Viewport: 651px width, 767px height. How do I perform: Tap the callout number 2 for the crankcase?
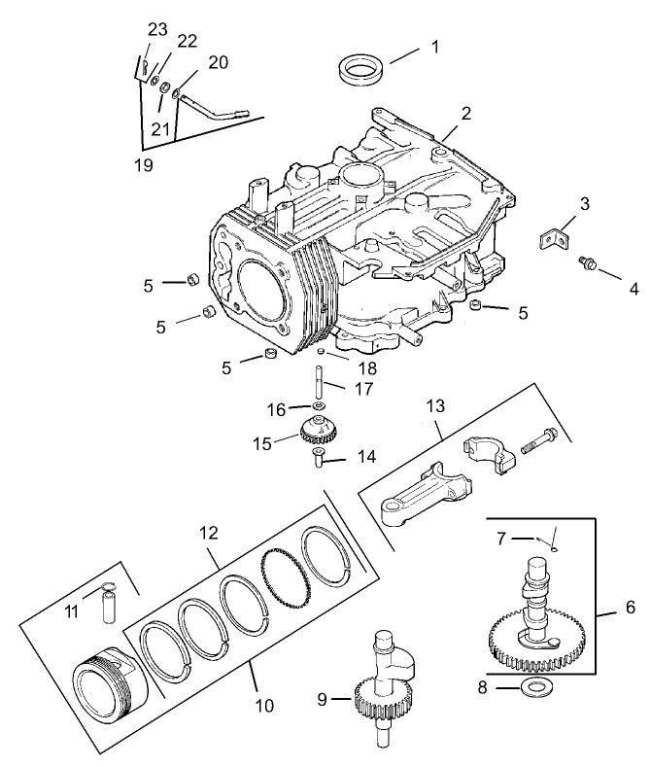(x=466, y=113)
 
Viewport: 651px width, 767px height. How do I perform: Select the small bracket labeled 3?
(x=551, y=237)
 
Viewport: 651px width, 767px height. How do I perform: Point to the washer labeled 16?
(x=319, y=407)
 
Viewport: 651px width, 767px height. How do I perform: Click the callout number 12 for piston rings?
(x=208, y=534)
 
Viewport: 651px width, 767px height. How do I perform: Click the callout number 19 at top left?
(x=143, y=165)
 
